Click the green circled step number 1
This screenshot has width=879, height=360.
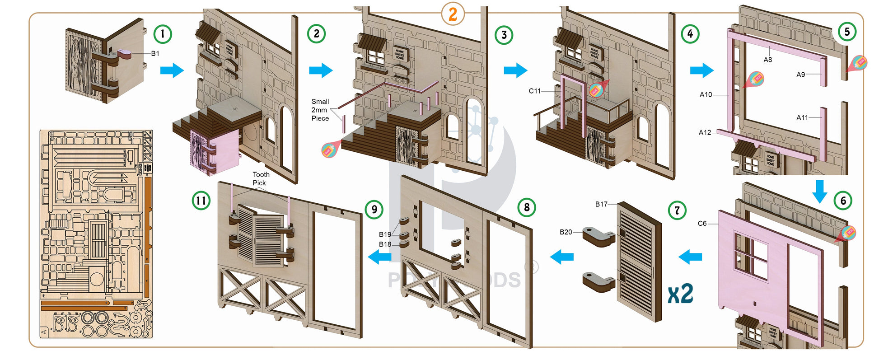pyautogui.click(x=163, y=34)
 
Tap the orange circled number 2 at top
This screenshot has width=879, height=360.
pyautogui.click(x=453, y=14)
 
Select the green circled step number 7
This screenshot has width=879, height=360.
pyautogui.click(x=677, y=210)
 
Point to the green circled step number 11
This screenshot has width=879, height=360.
pyautogui.click(x=201, y=200)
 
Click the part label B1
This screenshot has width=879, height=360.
pyautogui.click(x=155, y=53)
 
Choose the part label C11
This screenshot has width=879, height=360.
pyautogui.click(x=534, y=91)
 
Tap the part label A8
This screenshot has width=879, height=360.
pyautogui.click(x=767, y=60)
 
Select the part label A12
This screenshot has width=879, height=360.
pyautogui.click(x=705, y=132)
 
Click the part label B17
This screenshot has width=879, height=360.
pyautogui.click(x=601, y=204)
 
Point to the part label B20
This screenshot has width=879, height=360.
pyautogui.click(x=566, y=232)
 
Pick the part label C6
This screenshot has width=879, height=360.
pyautogui.click(x=702, y=223)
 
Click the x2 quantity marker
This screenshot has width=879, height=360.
pyautogui.click(x=680, y=294)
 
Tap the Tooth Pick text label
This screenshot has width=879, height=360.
pyautogui.click(x=261, y=178)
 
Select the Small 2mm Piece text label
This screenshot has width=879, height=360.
pyautogui.click(x=320, y=110)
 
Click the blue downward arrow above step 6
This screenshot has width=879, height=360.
pyautogui.click(x=819, y=191)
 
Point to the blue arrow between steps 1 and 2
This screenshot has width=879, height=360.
pyautogui.click(x=172, y=70)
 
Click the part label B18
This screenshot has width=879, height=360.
pyautogui.click(x=385, y=244)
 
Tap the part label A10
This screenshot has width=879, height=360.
pyautogui.click(x=706, y=94)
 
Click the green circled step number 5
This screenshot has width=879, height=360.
pyautogui.click(x=847, y=32)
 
